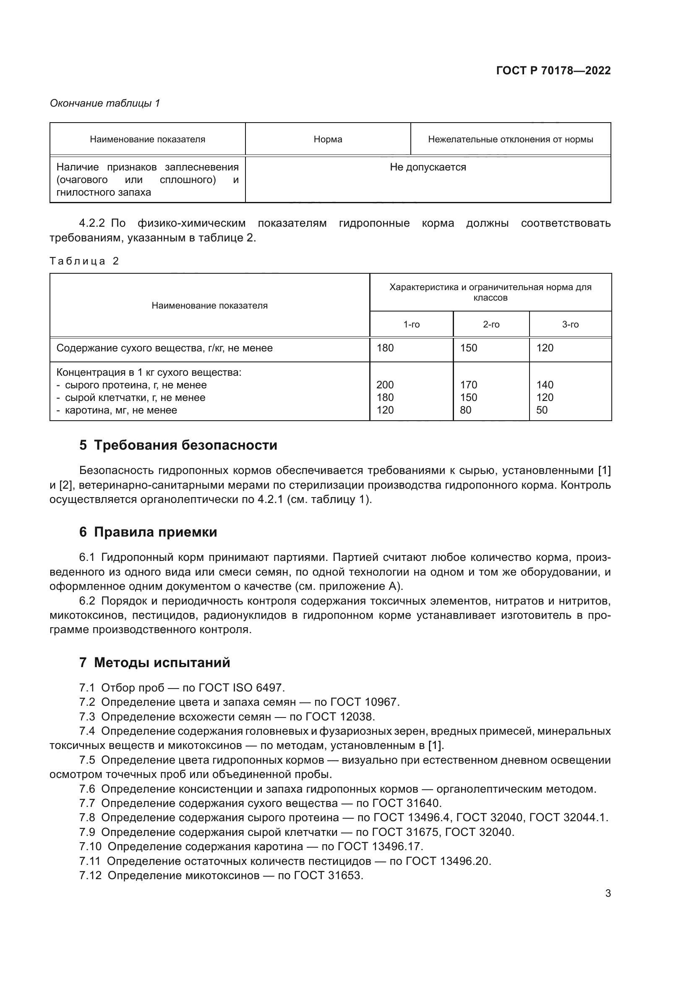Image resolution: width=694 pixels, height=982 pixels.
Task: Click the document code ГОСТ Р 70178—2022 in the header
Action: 553,71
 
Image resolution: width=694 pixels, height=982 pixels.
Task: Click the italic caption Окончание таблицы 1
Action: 105,103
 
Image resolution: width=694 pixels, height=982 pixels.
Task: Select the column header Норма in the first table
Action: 327,139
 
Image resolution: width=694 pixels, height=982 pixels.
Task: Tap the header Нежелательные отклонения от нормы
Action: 510,139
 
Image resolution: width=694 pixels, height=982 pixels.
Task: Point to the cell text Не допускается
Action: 427,167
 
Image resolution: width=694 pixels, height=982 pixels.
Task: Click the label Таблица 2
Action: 84,261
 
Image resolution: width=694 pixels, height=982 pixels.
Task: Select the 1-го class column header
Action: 411,325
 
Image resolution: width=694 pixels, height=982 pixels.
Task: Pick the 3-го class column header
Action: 570,325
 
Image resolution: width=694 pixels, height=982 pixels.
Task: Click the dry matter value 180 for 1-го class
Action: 385,348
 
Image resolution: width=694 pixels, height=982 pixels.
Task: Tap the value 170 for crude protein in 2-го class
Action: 468,385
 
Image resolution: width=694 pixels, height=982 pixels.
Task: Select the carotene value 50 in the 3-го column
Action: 541,410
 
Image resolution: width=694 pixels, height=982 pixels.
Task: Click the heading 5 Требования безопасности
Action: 178,445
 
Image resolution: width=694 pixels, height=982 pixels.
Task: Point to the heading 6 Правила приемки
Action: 148,532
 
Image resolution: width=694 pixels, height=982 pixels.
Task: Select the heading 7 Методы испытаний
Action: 154,663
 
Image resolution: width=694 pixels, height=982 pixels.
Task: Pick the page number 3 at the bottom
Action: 608,893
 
